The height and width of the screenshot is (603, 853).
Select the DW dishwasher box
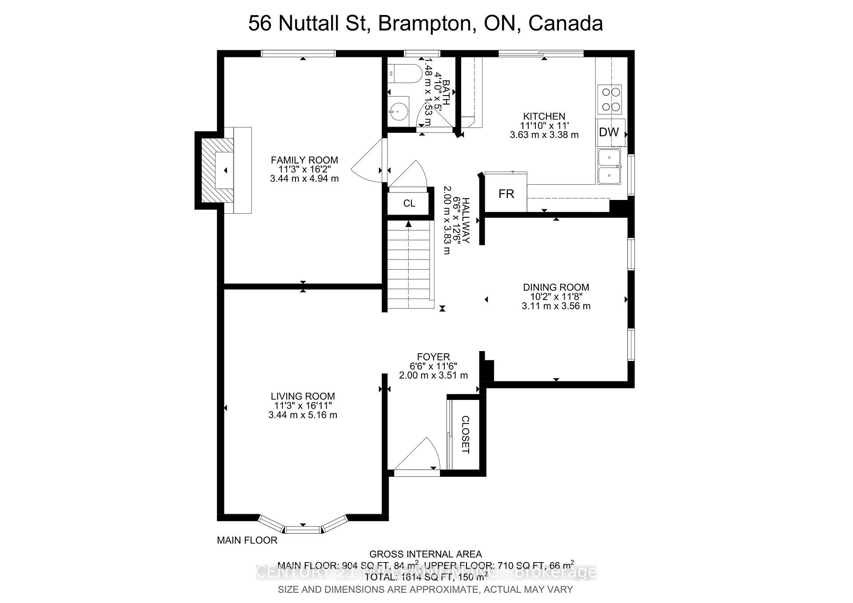pos(609,132)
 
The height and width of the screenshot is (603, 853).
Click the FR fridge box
pos(506,194)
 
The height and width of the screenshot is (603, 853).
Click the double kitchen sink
pos(610,167)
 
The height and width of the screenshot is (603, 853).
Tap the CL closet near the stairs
pos(409,203)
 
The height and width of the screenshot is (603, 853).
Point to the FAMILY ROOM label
pos(304,160)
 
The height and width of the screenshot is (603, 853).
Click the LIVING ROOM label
pos(303,396)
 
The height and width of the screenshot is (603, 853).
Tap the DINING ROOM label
pos(556,287)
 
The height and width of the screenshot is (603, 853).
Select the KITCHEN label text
pos(544,116)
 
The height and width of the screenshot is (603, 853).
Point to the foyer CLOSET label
pos(465,434)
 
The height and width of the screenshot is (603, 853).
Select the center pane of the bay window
pos(303,529)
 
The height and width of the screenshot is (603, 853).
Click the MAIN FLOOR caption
pos(247,540)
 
